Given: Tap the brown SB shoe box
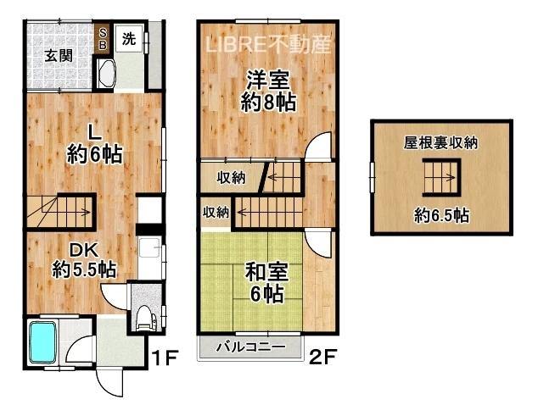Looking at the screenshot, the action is pos(103,39).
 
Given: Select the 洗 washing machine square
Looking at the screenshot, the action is pos(129,38).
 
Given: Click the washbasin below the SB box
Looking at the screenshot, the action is pos(106,74).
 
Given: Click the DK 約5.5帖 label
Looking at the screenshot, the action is pos(84,260).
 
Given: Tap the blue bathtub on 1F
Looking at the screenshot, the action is pos(42,342).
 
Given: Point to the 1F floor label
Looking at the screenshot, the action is pos(164,358).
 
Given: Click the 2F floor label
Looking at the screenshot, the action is pos(323,357).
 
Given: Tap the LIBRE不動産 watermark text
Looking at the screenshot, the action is pos(268,45).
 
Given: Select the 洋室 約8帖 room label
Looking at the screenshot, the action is pos(268,91).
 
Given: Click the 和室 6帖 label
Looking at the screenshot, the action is pos(266,283).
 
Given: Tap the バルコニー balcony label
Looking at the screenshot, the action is pos(251,347).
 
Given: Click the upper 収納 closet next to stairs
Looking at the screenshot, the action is pos(232,178).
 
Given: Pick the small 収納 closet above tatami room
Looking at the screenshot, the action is pos(216,212).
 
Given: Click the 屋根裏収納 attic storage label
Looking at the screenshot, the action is pos(441,143).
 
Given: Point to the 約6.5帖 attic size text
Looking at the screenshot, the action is pos(441,216).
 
